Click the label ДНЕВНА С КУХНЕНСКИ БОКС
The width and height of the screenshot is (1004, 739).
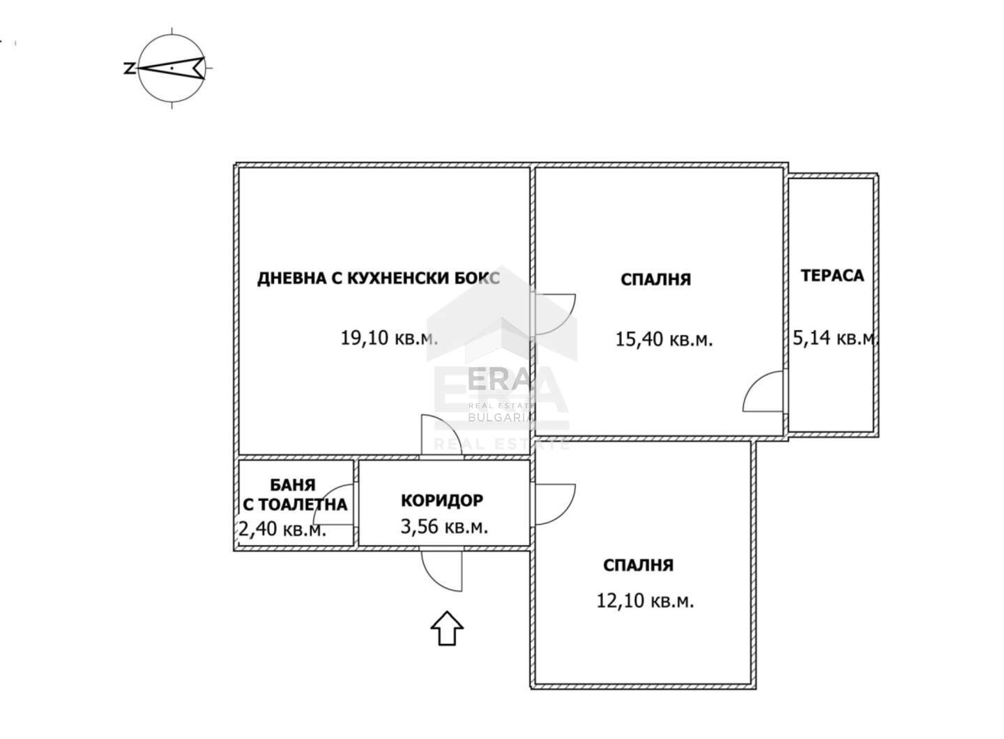click(x=379, y=278)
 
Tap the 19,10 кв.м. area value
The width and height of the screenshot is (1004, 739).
click(x=389, y=338)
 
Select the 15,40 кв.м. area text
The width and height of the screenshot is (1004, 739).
click(x=664, y=339)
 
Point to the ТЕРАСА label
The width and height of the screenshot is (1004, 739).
click(x=832, y=276)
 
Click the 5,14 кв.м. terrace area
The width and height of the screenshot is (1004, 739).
click(x=834, y=338)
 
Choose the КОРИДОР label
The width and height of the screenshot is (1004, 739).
click(x=442, y=500)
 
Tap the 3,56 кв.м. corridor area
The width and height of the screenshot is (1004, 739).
click(x=444, y=526)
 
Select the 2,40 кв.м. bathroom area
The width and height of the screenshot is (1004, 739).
click(x=282, y=530)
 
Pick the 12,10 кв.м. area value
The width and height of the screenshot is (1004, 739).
click(x=645, y=600)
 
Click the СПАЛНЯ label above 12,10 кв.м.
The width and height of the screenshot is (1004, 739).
click(x=638, y=565)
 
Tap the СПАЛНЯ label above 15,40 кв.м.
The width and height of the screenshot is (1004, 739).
click(x=655, y=280)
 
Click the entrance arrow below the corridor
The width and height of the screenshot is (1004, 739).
click(x=447, y=628)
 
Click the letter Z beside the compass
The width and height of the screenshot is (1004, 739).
click(x=129, y=69)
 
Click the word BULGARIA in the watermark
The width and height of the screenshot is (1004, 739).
click(x=500, y=417)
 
